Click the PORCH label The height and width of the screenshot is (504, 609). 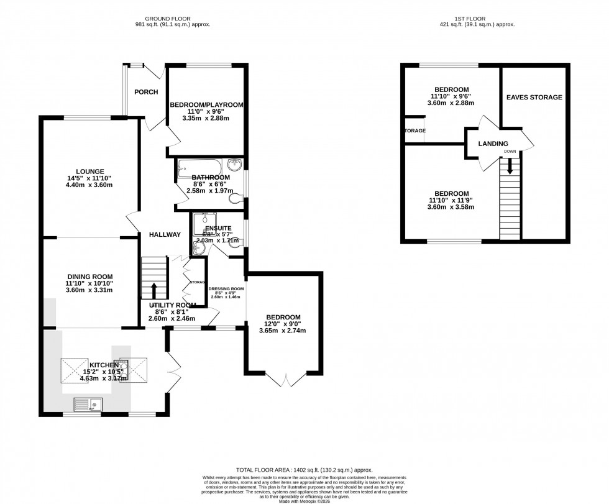coord(146,93)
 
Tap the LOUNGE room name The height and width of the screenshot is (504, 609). coord(90,171)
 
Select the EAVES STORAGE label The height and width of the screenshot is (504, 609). coord(534,97)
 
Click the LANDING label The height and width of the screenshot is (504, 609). coord(493,144)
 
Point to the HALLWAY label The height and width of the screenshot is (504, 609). coord(164,234)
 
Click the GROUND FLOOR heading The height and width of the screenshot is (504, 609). coord(173,18)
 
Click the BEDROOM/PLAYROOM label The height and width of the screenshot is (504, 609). coord(206,105)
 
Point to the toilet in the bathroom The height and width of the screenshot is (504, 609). coord(235,198)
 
